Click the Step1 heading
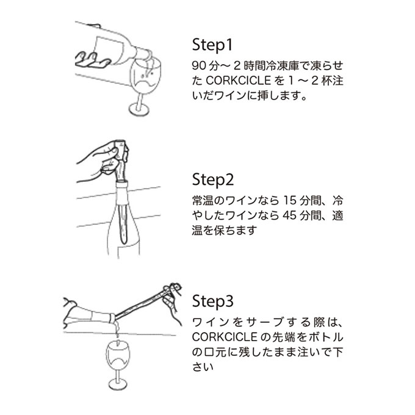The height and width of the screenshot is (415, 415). [212, 45]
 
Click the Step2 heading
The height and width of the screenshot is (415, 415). [213, 179]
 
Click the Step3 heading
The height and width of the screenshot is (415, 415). [213, 301]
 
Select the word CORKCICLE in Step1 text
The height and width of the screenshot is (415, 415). [238, 81]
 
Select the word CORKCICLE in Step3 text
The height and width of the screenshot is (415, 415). [225, 337]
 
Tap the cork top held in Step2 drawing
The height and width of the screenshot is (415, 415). [121, 150]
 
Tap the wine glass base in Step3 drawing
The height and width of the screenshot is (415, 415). [118, 384]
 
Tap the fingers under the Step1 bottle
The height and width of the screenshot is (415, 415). [92, 60]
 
